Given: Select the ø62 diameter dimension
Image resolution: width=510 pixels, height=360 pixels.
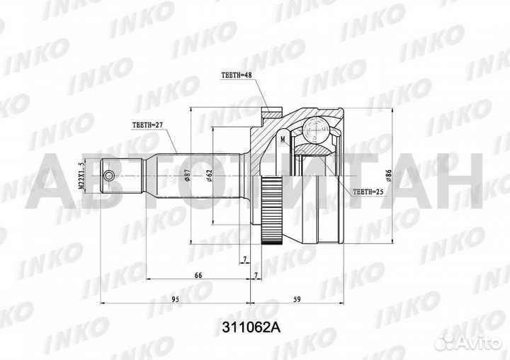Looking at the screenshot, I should pos(210,174).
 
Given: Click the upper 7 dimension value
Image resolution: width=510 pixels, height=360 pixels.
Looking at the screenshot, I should pos(244,259).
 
